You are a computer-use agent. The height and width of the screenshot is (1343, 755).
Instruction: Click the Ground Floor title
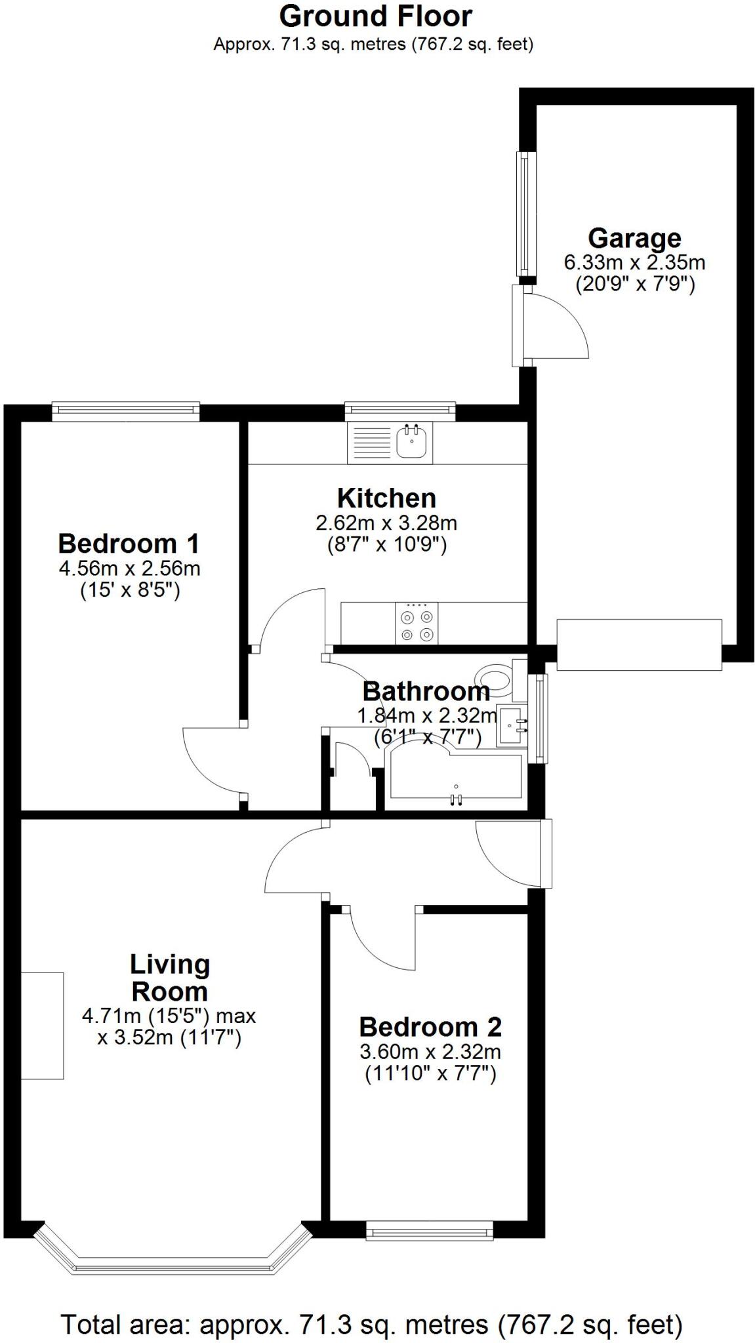[376, 16]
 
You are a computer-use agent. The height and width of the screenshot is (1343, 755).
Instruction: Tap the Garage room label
[634, 238]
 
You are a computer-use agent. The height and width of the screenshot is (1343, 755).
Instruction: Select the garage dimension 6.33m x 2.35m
[634, 263]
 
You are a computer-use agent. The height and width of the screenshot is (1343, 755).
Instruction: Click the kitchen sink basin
[413, 443]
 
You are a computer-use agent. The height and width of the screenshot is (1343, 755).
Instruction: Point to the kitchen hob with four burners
[417, 624]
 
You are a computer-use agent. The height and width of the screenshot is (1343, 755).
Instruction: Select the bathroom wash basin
[512, 726]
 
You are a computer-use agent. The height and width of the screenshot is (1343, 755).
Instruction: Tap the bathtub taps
[456, 798]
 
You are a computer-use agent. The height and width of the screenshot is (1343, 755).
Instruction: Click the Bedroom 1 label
[129, 544]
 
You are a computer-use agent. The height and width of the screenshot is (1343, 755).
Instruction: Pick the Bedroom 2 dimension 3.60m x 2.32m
[430, 1052]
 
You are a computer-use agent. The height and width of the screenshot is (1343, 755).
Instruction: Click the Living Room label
[169, 977]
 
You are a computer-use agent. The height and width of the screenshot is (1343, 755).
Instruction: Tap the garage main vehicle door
[639, 644]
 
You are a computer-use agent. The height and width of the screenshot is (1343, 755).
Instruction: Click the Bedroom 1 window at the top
[126, 411]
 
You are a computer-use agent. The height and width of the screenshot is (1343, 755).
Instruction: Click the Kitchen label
[386, 498]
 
